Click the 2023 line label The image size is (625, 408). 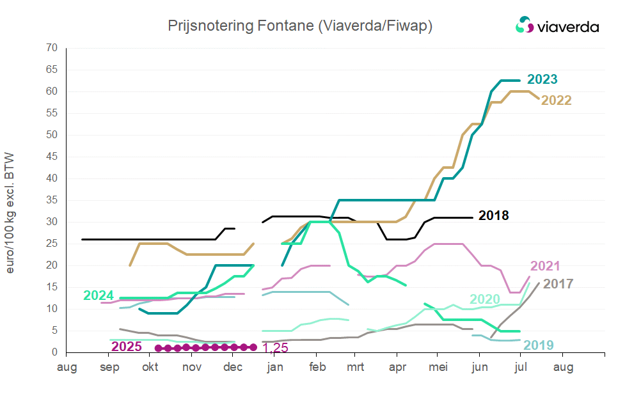(x=542, y=80)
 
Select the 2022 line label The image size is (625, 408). (x=556, y=100)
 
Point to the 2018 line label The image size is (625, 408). (x=493, y=216)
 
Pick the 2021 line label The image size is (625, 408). (x=545, y=266)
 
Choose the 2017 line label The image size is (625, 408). (x=558, y=283)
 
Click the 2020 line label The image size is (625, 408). (x=485, y=299)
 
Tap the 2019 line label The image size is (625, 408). (x=539, y=345)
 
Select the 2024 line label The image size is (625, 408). (x=99, y=295)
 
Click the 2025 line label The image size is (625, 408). (x=127, y=347)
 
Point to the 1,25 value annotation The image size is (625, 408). (x=274, y=349)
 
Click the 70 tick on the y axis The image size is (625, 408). (x=52, y=48)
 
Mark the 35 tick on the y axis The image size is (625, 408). (x=52, y=200)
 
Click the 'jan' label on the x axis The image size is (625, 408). (x=275, y=368)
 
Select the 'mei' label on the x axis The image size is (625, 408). (x=438, y=368)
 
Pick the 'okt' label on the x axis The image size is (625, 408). (x=150, y=368)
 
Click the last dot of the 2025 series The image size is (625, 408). (x=253, y=347)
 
